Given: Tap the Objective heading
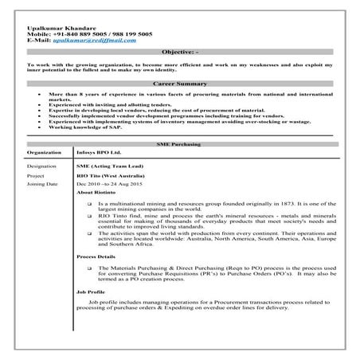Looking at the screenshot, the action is (180, 52).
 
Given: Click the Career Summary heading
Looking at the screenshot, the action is (180, 84).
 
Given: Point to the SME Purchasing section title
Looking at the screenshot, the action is (180, 144).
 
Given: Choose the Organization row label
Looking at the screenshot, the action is (45, 152).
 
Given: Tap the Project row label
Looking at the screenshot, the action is (35, 175).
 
